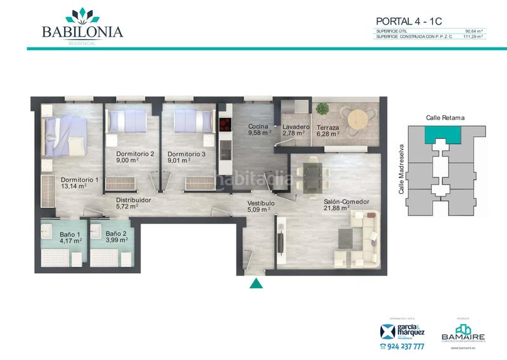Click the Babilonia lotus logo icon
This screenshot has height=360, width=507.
pos(82,15)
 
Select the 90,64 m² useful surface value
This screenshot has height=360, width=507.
pos(474,30)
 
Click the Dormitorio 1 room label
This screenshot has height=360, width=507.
pos(80,179)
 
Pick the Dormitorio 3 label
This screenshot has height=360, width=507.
pos(186,153)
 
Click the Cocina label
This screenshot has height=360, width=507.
pos(259,126)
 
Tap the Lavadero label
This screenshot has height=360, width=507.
pos(295,126)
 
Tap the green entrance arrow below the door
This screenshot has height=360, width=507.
pos(255,283)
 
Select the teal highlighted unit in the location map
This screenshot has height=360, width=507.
pos(443,134)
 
